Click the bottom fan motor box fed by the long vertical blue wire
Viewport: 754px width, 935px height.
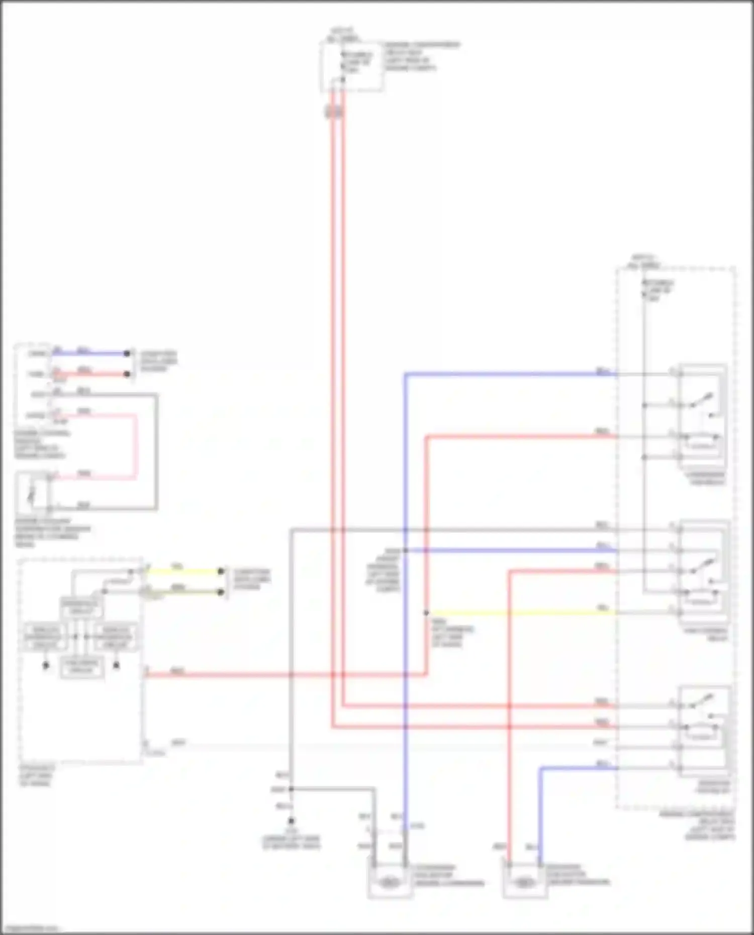(389, 880)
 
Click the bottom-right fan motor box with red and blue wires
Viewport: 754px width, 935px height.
(524, 881)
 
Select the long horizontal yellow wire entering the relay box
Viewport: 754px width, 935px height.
(523, 613)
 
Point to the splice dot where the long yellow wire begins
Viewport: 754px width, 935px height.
(426, 613)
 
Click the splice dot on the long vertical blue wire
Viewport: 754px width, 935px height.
(405, 551)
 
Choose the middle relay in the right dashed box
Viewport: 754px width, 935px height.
(702, 573)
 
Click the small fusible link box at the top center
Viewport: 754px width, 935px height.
(352, 67)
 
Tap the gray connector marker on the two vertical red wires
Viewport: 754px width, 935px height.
(334, 112)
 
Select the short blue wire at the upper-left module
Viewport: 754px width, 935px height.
(90, 353)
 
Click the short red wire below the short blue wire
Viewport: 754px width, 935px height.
(90, 374)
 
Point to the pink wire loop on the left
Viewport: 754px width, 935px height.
(135, 445)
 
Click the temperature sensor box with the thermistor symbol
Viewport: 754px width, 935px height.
(32, 491)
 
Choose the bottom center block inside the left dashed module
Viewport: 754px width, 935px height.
(81, 667)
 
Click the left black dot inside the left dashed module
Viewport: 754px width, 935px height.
(46, 665)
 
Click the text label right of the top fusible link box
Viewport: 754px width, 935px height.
(421, 56)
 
